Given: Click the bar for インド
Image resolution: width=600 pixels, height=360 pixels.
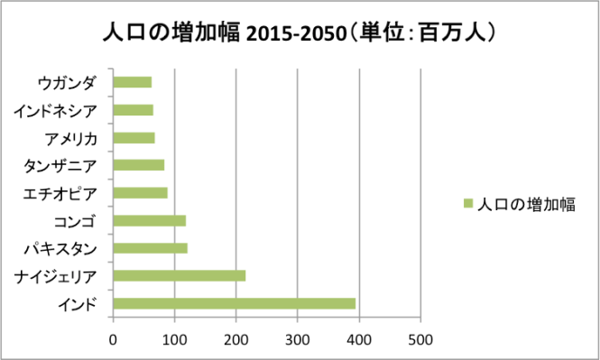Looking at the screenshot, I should click(x=235, y=303).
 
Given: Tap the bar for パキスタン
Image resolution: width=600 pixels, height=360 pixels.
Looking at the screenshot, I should click(x=151, y=248).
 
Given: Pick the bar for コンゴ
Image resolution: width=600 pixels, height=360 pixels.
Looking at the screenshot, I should click(x=150, y=220).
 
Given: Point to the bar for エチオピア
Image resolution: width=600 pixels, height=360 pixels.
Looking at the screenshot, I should click(x=141, y=193).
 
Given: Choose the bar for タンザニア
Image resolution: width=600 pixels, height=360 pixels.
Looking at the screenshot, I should click(x=139, y=165).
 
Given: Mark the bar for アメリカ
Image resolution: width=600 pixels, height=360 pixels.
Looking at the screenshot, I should click(x=134, y=138).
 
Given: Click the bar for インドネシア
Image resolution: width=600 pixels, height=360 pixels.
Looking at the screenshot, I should click(x=134, y=110).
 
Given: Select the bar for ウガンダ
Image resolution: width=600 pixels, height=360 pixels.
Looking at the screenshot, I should click(x=133, y=83).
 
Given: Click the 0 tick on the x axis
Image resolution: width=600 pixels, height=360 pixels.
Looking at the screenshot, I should click(x=113, y=340).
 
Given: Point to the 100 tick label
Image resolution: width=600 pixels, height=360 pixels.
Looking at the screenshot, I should click(x=174, y=340).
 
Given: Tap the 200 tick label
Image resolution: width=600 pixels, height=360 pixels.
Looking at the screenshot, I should click(x=235, y=340).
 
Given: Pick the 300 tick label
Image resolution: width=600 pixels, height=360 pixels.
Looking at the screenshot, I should click(x=298, y=340).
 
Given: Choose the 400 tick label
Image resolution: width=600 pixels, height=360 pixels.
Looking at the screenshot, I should click(x=359, y=340).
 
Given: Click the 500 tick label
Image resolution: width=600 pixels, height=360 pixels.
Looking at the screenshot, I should click(x=420, y=340).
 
